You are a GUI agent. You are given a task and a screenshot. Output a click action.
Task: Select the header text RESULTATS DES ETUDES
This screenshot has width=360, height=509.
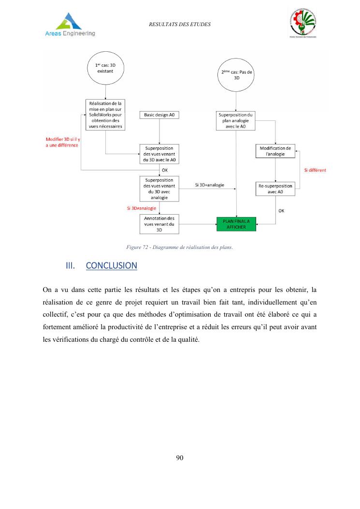pos(180,24)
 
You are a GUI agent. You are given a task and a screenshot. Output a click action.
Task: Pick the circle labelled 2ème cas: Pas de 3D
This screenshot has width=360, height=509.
pos(236,80)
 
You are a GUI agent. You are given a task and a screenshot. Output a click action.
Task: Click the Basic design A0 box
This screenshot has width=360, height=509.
pos(159,115)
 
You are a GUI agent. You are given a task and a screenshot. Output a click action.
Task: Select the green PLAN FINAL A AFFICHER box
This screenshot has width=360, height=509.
pos(236,224)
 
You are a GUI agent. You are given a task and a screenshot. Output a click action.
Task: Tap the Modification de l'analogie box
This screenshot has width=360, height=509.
pos(275,151)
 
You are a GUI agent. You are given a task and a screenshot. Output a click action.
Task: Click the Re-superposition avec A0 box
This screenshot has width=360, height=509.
pos(275,189)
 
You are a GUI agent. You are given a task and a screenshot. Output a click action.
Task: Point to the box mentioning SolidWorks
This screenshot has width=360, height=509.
pos(105,115)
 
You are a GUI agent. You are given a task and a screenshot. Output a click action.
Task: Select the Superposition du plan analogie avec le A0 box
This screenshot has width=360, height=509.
pos(236,120)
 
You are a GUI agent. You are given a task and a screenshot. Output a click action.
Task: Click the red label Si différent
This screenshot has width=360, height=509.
pos(315,170)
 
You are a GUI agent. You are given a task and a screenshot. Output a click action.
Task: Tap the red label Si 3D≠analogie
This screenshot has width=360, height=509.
pos(138,208)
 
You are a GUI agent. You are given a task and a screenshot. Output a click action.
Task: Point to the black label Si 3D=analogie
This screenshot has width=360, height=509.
pos(209,185)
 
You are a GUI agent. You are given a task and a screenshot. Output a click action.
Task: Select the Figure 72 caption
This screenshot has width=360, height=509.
pos(179,247)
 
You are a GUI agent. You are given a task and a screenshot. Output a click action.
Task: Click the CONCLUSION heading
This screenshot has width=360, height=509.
pos(111,266)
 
